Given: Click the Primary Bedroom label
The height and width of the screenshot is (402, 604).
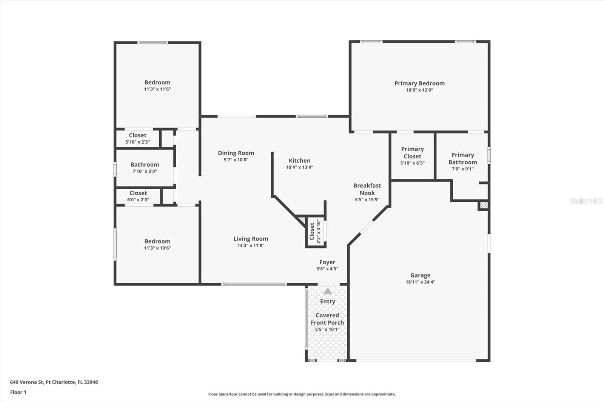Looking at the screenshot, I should tap(419, 83).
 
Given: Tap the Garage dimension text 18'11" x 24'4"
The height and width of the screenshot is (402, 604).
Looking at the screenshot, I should tap(420, 282).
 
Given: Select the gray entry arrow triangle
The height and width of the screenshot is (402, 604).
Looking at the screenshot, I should tap(328, 291).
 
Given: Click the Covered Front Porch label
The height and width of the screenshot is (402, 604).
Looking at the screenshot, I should tap(327, 319).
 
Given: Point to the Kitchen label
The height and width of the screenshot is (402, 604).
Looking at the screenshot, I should tap(299, 161).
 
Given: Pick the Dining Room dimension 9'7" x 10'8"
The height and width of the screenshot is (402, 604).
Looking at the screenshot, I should tap(236, 160).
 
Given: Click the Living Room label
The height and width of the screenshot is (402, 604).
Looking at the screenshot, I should tap(251, 239).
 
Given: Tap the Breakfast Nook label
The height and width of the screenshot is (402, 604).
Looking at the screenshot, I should tap(367, 189).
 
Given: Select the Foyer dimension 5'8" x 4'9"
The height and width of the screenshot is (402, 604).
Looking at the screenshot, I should tap(327, 269).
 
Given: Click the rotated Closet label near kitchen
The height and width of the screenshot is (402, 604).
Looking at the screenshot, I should tap(312, 231).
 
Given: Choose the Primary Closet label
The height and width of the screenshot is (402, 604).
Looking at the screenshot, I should tap(412, 153).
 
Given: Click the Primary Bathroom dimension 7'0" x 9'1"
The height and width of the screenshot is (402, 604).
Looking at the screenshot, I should tap(462, 169).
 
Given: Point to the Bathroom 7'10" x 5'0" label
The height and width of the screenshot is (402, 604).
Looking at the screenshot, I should tap(145, 165).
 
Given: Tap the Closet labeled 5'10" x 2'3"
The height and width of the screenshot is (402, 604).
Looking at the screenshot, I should tap(137, 135).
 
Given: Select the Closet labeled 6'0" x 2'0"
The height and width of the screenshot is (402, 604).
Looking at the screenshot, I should tap(138, 193).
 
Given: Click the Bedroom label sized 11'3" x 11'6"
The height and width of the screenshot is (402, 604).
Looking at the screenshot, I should tap(157, 83).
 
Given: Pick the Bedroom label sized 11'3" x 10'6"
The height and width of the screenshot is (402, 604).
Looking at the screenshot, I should tap(157, 241).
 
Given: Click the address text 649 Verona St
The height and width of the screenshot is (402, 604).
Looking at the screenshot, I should tap(54, 382).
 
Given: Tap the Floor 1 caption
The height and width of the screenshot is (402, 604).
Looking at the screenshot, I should tap(18, 392).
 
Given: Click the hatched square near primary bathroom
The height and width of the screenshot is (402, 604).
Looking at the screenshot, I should tap(484, 206).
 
